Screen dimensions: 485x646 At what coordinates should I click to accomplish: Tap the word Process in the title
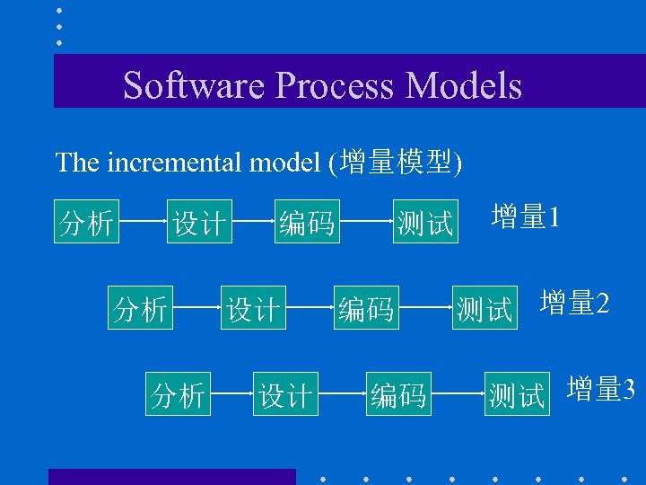pyautogui.click(x=336, y=85)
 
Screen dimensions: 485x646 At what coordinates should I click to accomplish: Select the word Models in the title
pyautogui.click(x=463, y=85)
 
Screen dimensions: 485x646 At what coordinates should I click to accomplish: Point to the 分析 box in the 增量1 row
pyautogui.click(x=86, y=222)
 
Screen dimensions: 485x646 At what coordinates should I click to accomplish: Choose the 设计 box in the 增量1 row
pyautogui.click(x=200, y=222)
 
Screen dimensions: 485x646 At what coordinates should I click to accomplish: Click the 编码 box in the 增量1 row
pyautogui.click(x=307, y=222)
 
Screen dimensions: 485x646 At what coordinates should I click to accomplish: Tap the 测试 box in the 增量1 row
pyautogui.click(x=425, y=222)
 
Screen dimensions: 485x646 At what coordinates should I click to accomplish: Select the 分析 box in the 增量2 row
pyautogui.click(x=141, y=308)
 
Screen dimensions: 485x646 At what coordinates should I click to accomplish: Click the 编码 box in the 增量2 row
pyautogui.click(x=366, y=308)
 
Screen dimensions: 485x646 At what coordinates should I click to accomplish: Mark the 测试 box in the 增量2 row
pyautogui.click(x=484, y=308)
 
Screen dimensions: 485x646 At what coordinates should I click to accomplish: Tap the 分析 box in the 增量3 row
pyautogui.click(x=179, y=393)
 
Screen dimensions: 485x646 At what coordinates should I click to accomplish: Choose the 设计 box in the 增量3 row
pyautogui.click(x=286, y=393)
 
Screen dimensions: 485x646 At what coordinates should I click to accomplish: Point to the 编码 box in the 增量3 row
pyautogui.click(x=399, y=393)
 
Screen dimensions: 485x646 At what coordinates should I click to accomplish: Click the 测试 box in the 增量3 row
pyautogui.click(x=516, y=393)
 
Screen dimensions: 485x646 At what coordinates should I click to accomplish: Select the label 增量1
pyautogui.click(x=526, y=217)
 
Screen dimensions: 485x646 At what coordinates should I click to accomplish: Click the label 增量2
pyautogui.click(x=575, y=304)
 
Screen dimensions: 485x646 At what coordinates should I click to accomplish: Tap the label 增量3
pyautogui.click(x=601, y=390)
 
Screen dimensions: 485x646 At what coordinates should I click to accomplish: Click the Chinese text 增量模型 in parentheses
pyautogui.click(x=396, y=163)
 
